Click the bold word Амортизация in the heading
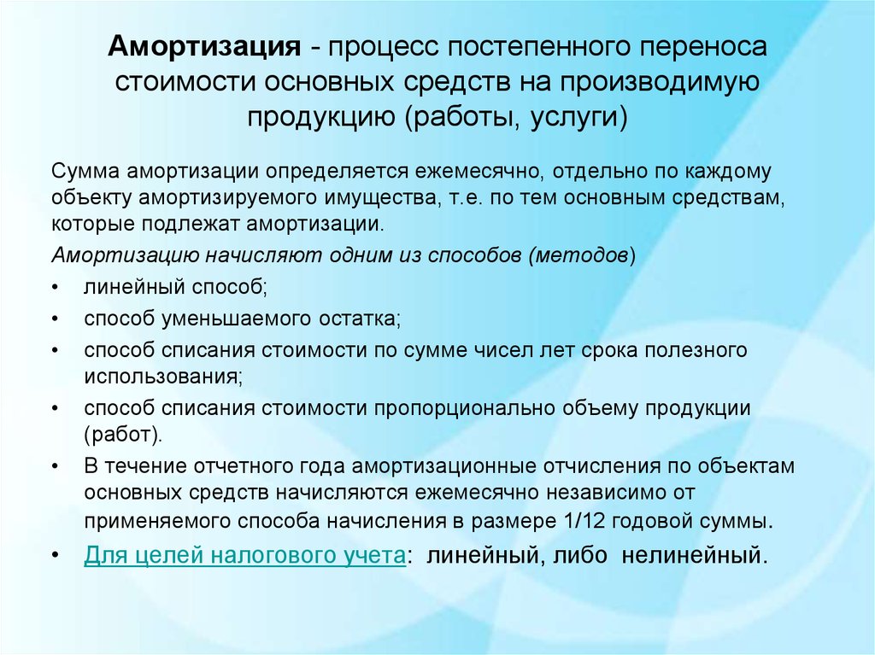pos(204,46)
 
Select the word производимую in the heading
pos(661,82)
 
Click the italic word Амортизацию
pos(126,255)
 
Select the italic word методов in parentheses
pos(581,255)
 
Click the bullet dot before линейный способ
pos(55,287)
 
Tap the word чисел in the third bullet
pos(502,350)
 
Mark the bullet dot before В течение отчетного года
pos(55,466)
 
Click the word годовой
pos(649,522)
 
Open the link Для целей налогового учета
pos(244,556)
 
